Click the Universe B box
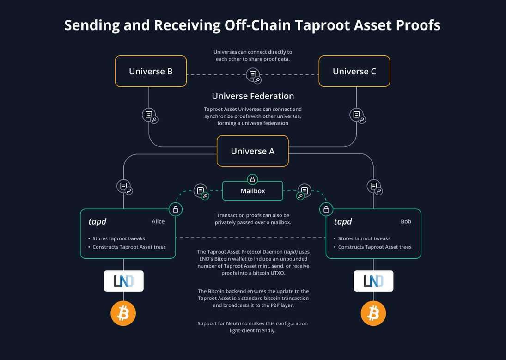(x=151, y=71)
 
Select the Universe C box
(x=354, y=71)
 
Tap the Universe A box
(x=253, y=151)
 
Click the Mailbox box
(x=253, y=190)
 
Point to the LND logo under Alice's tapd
(x=123, y=281)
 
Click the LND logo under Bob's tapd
(x=373, y=281)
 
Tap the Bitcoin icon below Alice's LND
(x=123, y=314)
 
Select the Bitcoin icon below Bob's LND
(x=373, y=314)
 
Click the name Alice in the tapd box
(x=158, y=221)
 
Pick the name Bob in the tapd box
(x=406, y=221)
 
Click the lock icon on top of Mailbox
(x=252, y=179)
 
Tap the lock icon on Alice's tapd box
(x=176, y=209)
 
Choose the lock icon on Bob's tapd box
(x=326, y=209)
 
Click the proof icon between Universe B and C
(x=253, y=75)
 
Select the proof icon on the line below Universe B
(x=149, y=115)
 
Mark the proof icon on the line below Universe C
(x=357, y=115)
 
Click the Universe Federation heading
(x=253, y=96)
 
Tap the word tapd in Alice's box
(x=98, y=222)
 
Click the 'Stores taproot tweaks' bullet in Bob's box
(x=364, y=238)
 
